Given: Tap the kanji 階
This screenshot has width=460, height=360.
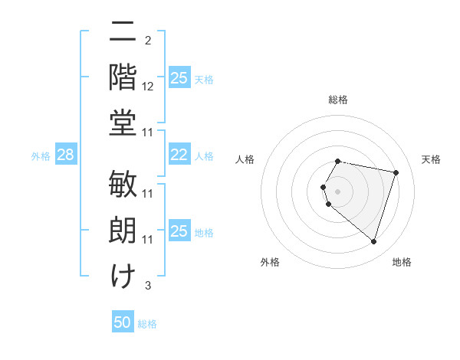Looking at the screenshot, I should (123, 77).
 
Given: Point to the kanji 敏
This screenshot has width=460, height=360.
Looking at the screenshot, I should (123, 186).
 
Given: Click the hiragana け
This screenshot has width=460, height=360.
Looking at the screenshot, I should (123, 276).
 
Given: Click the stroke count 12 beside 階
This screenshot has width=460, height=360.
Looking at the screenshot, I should (148, 88).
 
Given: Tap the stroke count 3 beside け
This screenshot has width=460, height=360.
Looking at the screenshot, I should (147, 286).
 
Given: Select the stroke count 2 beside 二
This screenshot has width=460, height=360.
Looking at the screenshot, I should (147, 40).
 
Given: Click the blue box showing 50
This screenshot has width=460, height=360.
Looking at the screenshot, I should (123, 322).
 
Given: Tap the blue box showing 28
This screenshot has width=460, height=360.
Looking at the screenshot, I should (65, 155).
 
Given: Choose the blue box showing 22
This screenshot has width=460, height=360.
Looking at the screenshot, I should (179, 155).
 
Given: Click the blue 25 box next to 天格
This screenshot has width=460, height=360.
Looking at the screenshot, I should (179, 78).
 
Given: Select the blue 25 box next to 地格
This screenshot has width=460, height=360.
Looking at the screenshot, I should (179, 231).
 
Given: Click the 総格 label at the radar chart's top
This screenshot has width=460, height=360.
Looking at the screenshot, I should (338, 100).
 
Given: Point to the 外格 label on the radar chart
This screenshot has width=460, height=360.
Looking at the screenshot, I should (270, 263).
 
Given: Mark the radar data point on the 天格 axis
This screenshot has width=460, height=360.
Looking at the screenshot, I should (396, 172).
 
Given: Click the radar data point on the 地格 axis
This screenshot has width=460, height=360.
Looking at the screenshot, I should (373, 242).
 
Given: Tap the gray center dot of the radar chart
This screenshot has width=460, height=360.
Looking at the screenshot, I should (338, 190).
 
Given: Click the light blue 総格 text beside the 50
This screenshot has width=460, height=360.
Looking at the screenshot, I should (147, 324).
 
